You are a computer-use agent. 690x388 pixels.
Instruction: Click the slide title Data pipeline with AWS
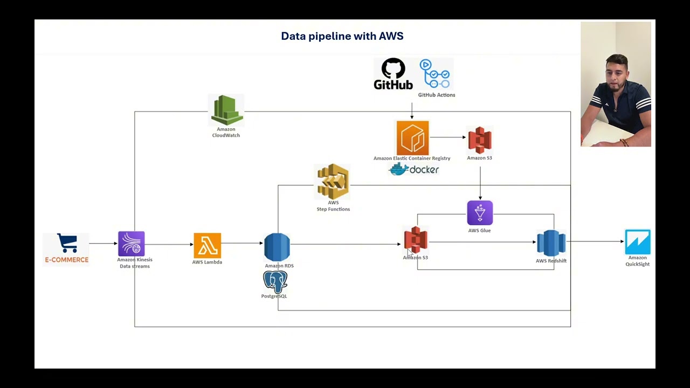point(342,36)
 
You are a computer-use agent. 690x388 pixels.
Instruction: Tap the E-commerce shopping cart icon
point(67,244)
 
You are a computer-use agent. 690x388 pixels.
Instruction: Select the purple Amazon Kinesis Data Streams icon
point(132,244)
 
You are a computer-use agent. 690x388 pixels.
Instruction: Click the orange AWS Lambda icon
point(207,246)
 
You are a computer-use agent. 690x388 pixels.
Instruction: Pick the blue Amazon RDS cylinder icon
point(277,247)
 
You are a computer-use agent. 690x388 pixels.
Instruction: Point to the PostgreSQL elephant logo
point(275,282)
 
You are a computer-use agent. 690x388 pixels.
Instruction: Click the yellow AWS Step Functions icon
point(333,182)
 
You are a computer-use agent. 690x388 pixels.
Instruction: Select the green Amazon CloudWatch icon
point(226,110)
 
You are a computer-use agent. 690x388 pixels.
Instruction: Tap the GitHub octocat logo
point(393,70)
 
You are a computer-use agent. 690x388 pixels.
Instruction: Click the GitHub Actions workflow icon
point(436,74)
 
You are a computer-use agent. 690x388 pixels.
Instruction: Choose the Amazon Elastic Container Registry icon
point(412,138)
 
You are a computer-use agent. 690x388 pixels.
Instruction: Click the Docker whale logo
point(399,170)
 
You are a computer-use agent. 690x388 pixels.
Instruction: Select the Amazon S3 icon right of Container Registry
point(480,140)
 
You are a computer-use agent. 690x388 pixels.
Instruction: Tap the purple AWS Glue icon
point(480,213)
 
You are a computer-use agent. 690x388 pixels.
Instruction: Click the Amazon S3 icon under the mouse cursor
point(416,240)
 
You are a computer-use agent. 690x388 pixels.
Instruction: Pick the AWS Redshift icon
point(551,243)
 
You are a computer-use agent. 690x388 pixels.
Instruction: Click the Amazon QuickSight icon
point(638,242)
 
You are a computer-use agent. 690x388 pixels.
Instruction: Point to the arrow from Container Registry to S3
point(447,137)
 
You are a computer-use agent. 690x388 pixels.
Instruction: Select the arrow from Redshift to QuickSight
point(595,241)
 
